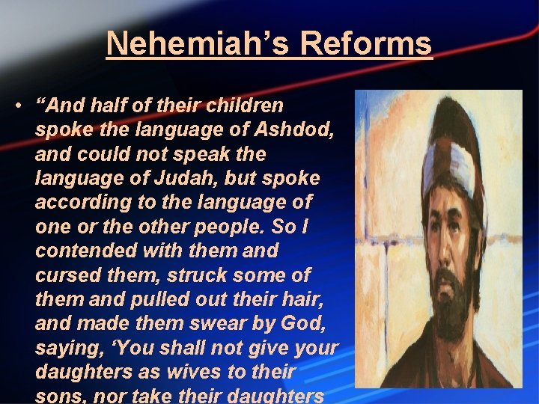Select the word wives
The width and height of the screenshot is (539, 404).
(x=213, y=371)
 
